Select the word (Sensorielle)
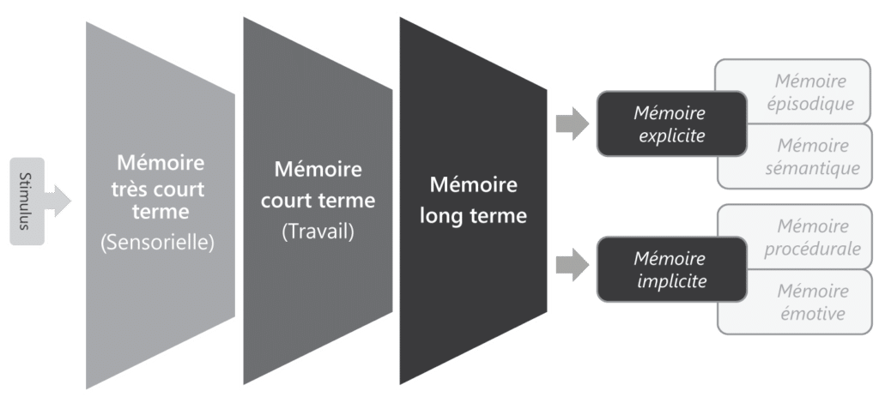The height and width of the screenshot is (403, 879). pyautogui.click(x=156, y=244)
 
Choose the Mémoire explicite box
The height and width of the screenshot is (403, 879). pyautogui.click(x=669, y=124)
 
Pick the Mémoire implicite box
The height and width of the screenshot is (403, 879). pyautogui.click(x=669, y=269)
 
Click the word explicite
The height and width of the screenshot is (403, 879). pyautogui.click(x=669, y=135)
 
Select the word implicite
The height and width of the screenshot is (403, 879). pyautogui.click(x=669, y=280)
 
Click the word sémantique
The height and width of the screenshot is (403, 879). pyautogui.click(x=811, y=169)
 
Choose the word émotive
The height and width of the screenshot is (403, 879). pyautogui.click(x=811, y=314)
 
